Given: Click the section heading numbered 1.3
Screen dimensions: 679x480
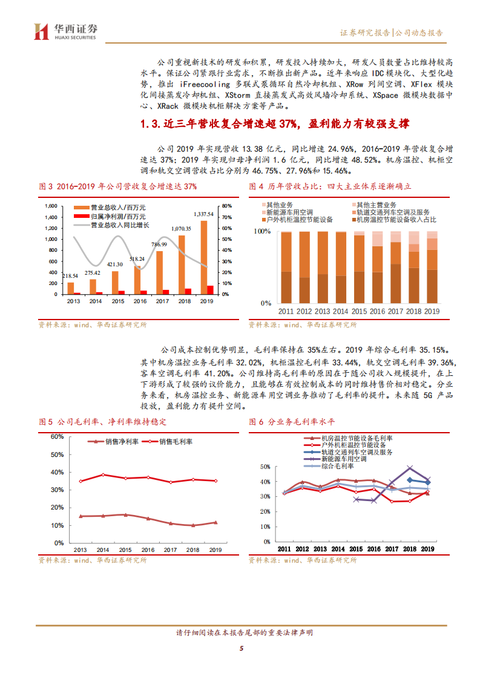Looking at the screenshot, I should coord(275,124).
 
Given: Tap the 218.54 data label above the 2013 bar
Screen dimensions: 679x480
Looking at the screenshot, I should coord(71,276).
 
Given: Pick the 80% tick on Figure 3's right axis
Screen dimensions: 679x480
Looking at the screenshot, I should coord(225,206).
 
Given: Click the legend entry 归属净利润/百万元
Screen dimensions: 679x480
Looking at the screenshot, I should coord(113,216).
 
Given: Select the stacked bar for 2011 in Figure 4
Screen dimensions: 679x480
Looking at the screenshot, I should coord(286,267).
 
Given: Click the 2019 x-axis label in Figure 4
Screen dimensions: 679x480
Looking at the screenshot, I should coord(432,311).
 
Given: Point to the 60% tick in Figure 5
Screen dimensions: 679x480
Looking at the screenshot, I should coord(57,436).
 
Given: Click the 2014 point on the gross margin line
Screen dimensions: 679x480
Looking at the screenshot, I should coord(102,475).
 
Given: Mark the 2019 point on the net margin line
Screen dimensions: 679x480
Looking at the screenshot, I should coord(214,522).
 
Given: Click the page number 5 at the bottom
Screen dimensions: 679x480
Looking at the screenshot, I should coord(241,650).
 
